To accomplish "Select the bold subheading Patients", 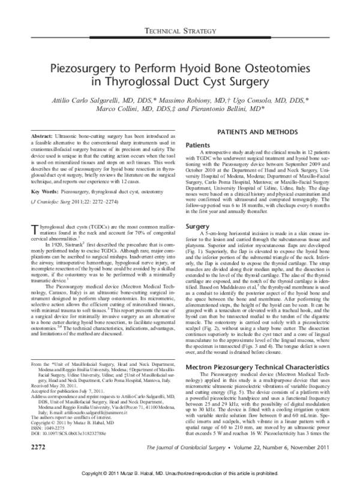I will point(203,145).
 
